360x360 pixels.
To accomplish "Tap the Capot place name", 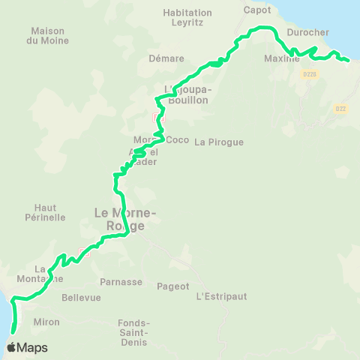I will click(257, 10).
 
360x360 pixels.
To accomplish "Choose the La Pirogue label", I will click(219, 142).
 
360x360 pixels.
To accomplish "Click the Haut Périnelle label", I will click(50, 212).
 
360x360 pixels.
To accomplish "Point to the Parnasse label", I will click(121, 282).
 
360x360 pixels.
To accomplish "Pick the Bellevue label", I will click(81, 298).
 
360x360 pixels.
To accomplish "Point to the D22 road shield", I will click(340, 109).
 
